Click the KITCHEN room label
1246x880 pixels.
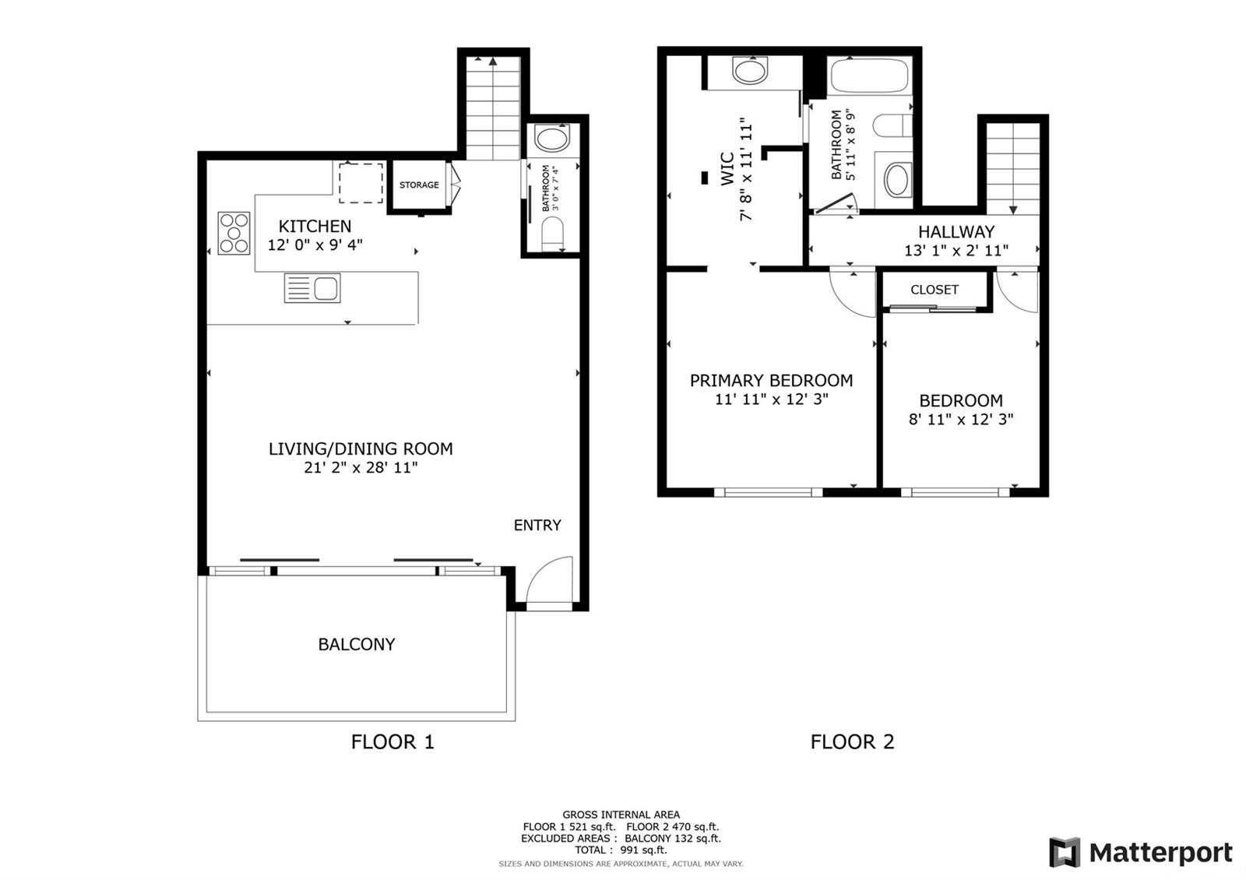tap(315, 227)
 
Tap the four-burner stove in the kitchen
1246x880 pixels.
tap(234, 234)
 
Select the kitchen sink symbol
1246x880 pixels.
tap(312, 288)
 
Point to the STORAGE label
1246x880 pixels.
tap(419, 185)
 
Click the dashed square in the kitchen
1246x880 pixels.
tap(361, 183)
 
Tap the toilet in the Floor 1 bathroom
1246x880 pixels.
tap(552, 233)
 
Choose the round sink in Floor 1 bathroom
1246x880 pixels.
tap(552, 138)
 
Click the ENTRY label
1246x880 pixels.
tap(537, 525)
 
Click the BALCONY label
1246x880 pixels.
tap(357, 644)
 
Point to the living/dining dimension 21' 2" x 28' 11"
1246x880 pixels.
tap(361, 467)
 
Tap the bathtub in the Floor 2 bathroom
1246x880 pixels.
tap(869, 75)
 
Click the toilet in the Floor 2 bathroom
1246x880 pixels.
tap(892, 125)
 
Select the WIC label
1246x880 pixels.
tap(727, 169)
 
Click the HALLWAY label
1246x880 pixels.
tap(956, 231)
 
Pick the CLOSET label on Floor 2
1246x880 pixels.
tap(935, 290)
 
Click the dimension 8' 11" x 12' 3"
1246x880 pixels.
tap(961, 420)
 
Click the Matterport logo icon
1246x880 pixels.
tap(1065, 852)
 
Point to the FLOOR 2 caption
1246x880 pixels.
tap(852, 741)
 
